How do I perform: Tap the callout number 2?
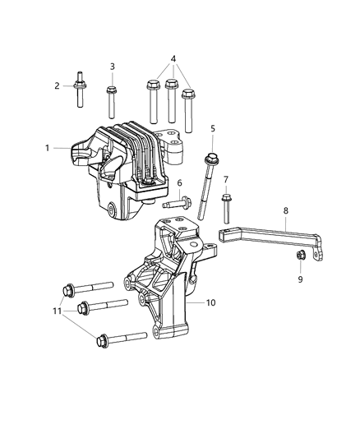tap(58, 85)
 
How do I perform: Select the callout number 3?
tap(113, 67)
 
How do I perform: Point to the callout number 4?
tap(172, 58)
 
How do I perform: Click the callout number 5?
tap(212, 128)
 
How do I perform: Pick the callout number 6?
tap(179, 182)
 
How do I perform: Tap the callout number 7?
tap(226, 179)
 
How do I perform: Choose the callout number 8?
tap(286, 210)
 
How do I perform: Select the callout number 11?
tap(56, 310)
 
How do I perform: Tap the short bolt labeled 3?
tap(113, 99)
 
